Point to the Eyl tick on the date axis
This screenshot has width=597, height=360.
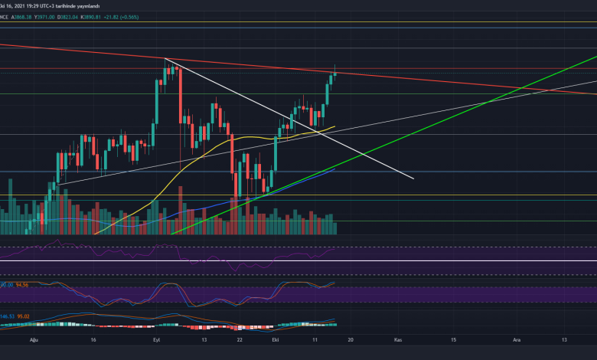point(156,339)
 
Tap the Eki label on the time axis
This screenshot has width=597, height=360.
point(274,339)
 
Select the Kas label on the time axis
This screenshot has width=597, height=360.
point(397,339)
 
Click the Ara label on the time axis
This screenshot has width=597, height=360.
point(517,339)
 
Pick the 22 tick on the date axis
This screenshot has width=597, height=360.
point(240,339)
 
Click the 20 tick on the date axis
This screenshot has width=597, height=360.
point(349,339)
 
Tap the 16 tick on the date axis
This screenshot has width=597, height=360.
point(93,339)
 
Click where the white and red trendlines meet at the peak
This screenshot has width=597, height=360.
point(165,58)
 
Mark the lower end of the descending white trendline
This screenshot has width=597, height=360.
point(413,178)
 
